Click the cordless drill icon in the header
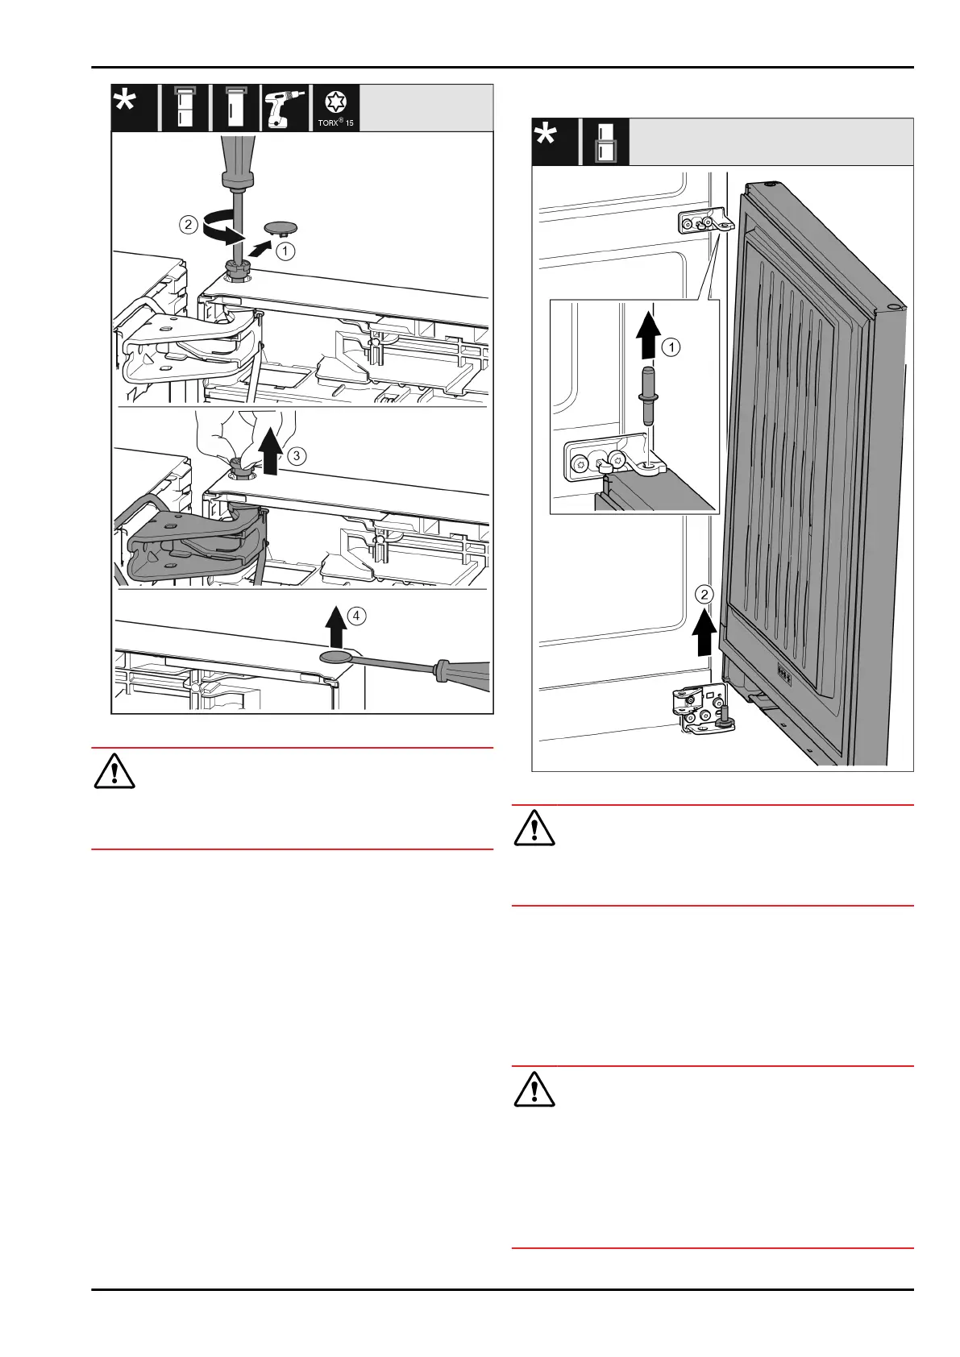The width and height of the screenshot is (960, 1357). [286, 108]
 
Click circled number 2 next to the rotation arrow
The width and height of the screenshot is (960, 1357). [188, 225]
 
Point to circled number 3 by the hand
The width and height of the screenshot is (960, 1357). [296, 455]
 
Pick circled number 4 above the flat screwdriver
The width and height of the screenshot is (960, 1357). [356, 616]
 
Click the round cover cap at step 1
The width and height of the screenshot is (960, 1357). [281, 227]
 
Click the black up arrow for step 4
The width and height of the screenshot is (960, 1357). [335, 627]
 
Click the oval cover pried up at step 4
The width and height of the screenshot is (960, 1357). [336, 658]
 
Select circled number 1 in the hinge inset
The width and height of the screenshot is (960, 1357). [671, 347]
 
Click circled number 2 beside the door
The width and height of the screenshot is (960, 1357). [705, 595]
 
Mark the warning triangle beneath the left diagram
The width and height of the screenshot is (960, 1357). [114, 772]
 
